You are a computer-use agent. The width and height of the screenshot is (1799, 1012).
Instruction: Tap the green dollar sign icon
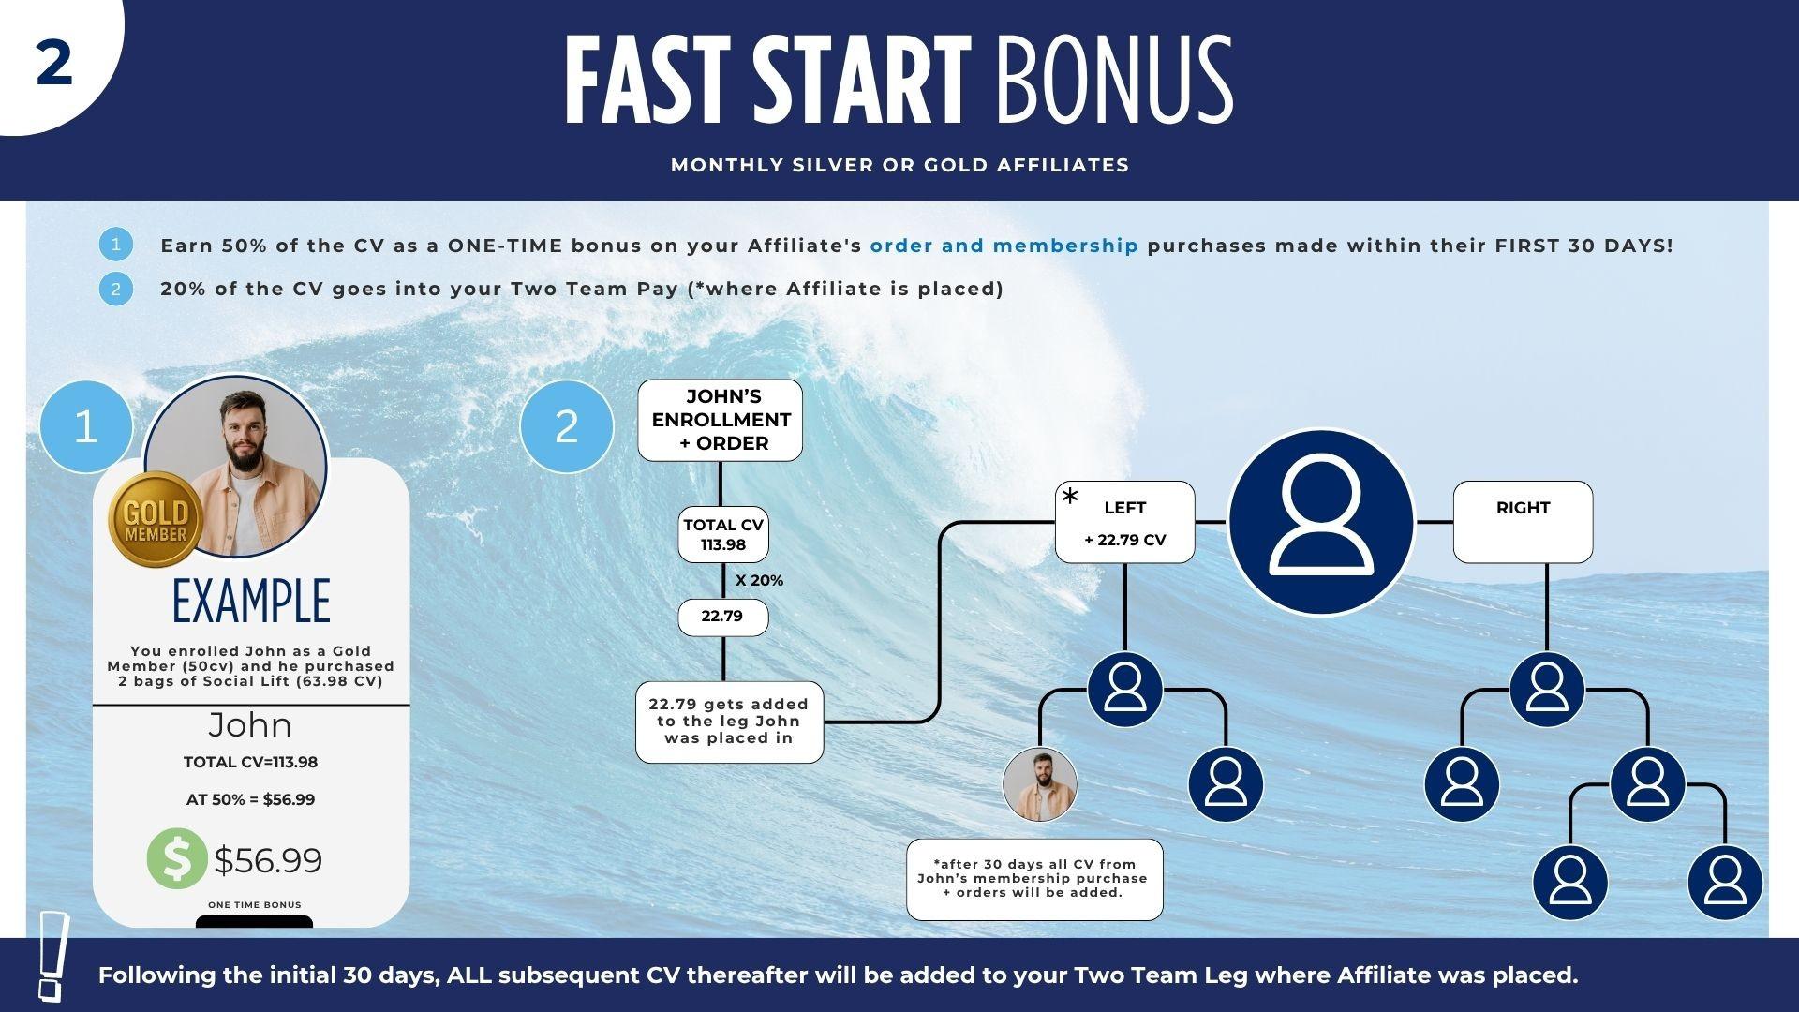pyautogui.click(x=176, y=858)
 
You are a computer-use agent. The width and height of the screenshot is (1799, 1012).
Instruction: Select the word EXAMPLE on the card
pyautogui.click(x=251, y=602)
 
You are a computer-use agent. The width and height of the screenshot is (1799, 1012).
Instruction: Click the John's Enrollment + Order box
pyautogui.click(x=721, y=420)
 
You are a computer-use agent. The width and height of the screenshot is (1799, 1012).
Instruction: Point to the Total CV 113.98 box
pyautogui.click(x=723, y=535)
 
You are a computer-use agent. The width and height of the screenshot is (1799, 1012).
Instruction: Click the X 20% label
pyautogui.click(x=759, y=581)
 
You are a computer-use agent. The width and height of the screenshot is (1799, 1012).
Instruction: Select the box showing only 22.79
pyautogui.click(x=722, y=617)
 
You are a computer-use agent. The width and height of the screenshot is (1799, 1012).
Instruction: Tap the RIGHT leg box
pyautogui.click(x=1523, y=521)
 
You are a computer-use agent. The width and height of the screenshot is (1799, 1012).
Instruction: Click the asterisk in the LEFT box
pyautogui.click(x=1070, y=498)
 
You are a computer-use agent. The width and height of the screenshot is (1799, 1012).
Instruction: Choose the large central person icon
pyautogui.click(x=1320, y=521)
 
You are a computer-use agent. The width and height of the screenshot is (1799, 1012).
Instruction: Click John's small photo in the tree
pyautogui.click(x=1040, y=785)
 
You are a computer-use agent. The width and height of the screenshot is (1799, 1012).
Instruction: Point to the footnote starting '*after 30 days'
pyautogui.click(x=1034, y=879)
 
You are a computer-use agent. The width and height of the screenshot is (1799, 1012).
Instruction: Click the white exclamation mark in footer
pyautogui.click(x=52, y=956)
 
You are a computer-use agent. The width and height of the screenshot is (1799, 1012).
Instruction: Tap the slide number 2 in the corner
pyautogui.click(x=54, y=64)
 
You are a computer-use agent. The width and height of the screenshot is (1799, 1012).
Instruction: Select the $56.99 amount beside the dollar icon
pyautogui.click(x=268, y=860)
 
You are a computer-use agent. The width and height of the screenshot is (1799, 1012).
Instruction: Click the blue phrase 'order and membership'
pyautogui.click(x=1004, y=246)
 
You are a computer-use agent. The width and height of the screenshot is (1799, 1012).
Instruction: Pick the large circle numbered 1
pyautogui.click(x=86, y=426)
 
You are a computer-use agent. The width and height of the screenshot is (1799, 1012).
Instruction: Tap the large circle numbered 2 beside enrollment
pyautogui.click(x=566, y=426)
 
